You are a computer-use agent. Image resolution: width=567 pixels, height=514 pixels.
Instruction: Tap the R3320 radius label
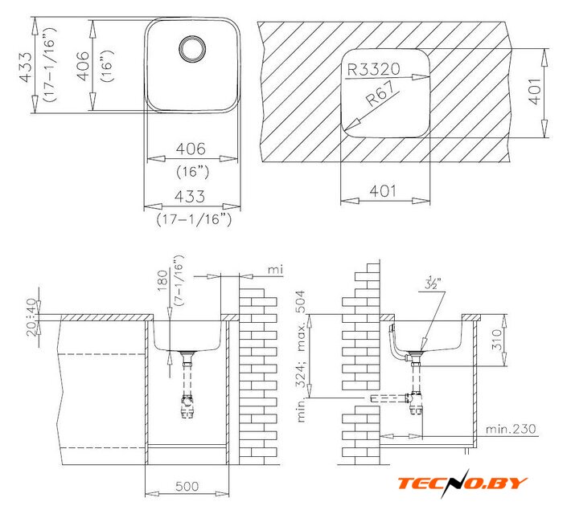coord(373,68)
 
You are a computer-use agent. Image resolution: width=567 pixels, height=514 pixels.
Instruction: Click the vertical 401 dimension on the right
coord(535,92)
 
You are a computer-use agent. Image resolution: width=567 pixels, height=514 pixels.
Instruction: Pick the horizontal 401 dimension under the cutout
coord(383,190)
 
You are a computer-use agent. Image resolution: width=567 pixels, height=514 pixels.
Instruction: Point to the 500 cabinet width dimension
coord(187,486)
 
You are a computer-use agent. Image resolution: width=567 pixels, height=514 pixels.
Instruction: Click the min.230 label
coord(510,429)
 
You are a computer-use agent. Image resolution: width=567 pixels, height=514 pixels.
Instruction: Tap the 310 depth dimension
coord(498,340)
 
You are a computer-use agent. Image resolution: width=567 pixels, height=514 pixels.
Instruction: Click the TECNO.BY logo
coord(462,483)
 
